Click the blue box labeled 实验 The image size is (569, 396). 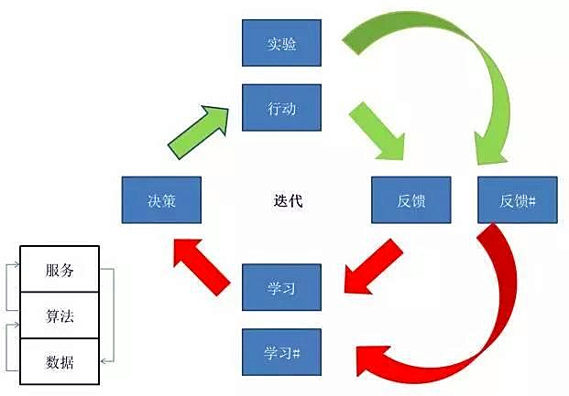point(281,43)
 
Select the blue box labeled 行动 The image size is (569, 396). point(281,107)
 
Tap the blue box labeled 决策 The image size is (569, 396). point(161,200)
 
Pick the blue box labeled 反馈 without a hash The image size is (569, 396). point(411,200)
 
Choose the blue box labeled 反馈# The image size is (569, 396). point(518,200)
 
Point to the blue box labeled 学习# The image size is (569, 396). point(281,352)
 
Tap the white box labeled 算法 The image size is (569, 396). point(60,316)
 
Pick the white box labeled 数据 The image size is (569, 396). point(60,363)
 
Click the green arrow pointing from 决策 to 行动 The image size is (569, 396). point(200,128)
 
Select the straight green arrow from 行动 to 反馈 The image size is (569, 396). point(378,128)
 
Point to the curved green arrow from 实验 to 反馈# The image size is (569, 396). point(458,55)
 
